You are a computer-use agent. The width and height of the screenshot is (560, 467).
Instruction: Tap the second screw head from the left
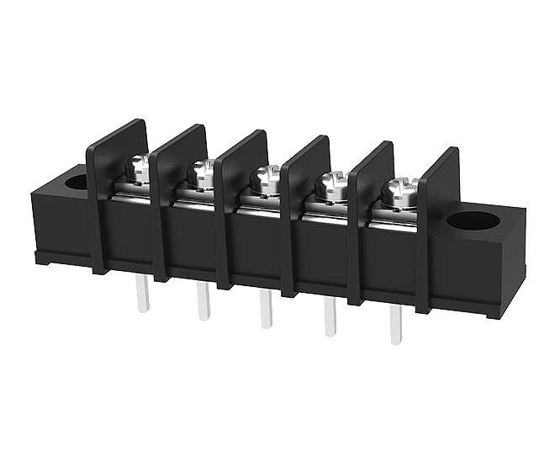tap(202, 173)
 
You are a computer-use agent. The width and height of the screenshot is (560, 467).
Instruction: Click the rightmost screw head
tap(395, 189)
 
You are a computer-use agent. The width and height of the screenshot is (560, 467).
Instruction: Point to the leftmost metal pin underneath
tap(143, 295)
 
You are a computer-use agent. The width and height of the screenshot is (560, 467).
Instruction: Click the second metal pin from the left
tap(203, 302)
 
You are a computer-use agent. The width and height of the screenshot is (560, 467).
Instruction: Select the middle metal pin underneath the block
tap(266, 310)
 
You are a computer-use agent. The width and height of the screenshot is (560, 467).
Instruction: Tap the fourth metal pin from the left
tap(330, 319)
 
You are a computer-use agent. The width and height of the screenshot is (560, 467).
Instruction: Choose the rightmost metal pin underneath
tap(395, 327)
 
